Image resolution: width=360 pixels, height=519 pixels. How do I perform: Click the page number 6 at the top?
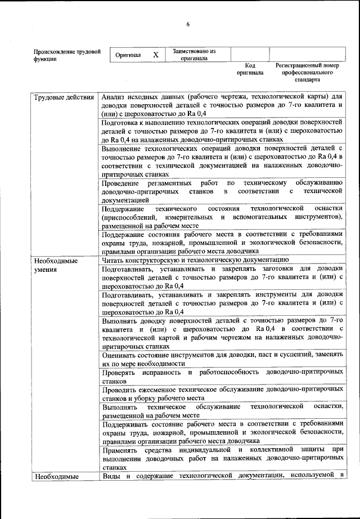pos(188,24)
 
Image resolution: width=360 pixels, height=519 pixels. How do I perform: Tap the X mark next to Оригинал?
pos(156,55)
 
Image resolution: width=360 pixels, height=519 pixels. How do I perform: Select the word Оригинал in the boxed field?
pos(128,56)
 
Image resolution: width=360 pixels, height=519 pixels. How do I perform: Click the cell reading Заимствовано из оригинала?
pos(194,55)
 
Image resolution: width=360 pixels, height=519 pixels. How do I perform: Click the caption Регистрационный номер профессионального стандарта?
pos(307,73)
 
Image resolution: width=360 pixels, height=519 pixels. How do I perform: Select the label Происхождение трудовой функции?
pos(67,55)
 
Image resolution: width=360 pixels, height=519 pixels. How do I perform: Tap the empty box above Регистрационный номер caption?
pos(307,55)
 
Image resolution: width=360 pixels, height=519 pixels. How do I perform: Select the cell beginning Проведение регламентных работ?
pos(222,191)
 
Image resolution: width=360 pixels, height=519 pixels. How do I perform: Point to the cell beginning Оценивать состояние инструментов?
pos(222,359)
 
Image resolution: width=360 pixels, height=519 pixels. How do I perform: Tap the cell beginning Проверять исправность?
pos(222,376)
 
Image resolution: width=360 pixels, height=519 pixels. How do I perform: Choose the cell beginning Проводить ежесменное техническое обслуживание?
pos(222,393)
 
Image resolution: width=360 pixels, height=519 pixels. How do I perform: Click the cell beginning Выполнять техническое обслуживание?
pos(222,410)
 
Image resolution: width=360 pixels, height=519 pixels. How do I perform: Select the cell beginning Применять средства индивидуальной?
pos(222,459)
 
